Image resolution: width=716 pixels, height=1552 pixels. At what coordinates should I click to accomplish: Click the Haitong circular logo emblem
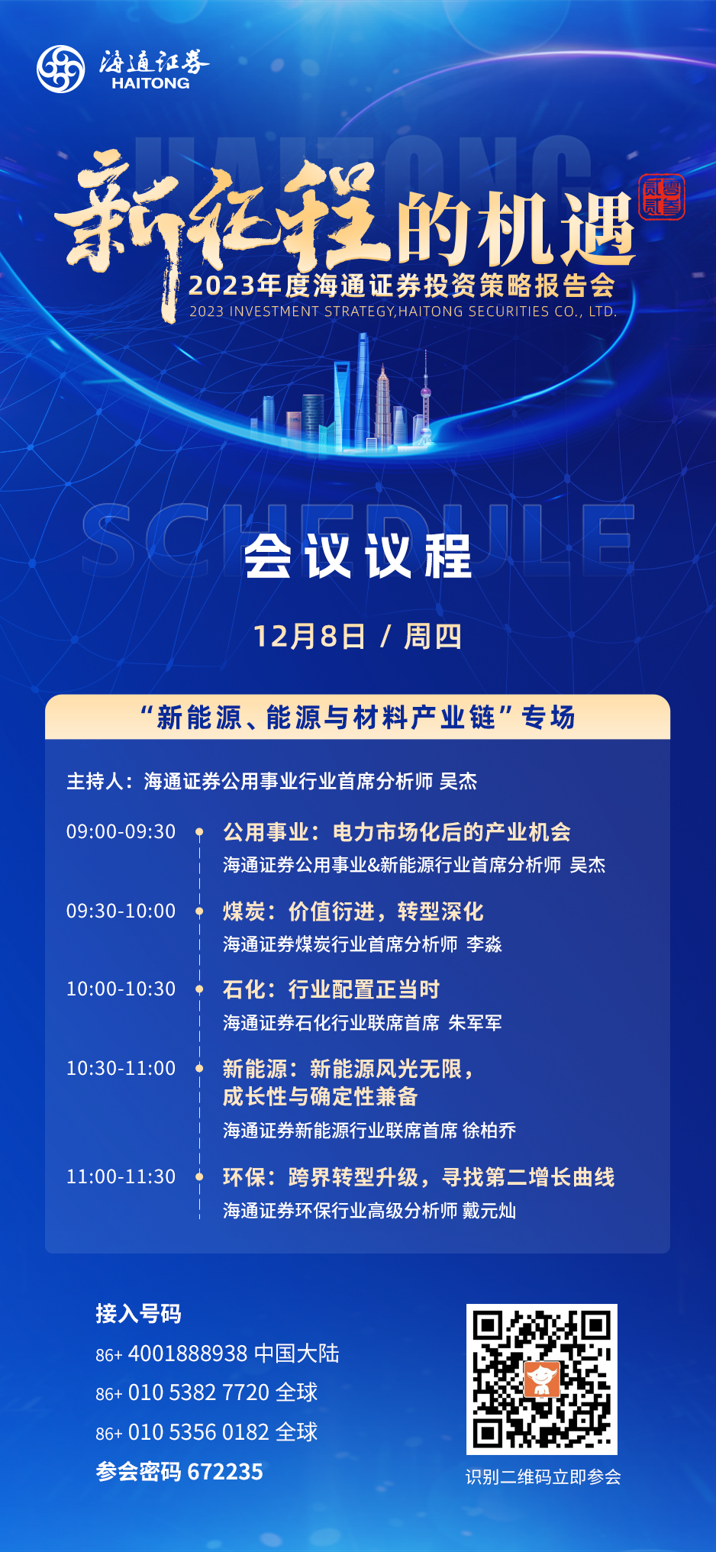(x=61, y=69)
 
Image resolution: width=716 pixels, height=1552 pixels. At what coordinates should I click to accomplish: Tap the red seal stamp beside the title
(x=662, y=197)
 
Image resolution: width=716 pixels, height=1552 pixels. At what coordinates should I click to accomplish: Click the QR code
(x=542, y=1379)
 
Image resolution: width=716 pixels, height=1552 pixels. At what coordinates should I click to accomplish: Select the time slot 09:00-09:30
(x=121, y=831)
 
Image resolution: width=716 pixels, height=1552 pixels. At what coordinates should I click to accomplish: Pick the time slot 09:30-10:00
(x=121, y=911)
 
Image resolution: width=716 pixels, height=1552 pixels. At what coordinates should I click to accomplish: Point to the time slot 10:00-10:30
(x=121, y=989)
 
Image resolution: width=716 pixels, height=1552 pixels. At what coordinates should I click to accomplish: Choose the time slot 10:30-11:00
(x=121, y=1068)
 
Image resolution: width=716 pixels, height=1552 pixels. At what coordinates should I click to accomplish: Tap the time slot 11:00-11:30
(x=121, y=1176)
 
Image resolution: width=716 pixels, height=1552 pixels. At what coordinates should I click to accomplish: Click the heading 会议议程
(x=358, y=556)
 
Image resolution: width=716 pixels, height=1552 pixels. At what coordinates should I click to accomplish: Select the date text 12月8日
(x=309, y=636)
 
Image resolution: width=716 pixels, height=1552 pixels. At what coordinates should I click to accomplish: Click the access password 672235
(x=225, y=1472)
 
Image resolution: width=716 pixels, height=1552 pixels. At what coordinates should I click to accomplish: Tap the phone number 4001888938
(x=188, y=1354)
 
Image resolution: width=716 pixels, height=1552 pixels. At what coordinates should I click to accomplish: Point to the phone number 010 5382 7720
(x=198, y=1392)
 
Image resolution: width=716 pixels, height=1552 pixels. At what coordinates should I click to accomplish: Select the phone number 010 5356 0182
(x=198, y=1432)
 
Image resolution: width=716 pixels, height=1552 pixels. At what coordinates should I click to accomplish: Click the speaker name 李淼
(x=485, y=944)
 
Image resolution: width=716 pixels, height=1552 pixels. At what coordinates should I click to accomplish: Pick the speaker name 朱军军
(x=476, y=1023)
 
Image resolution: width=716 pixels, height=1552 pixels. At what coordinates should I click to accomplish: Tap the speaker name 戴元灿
(x=489, y=1211)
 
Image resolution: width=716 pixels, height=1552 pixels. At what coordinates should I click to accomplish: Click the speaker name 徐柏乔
(x=489, y=1131)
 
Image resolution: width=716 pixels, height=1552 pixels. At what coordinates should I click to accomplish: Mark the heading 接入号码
(x=138, y=1314)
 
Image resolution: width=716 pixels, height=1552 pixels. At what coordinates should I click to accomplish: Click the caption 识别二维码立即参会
(x=543, y=1477)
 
